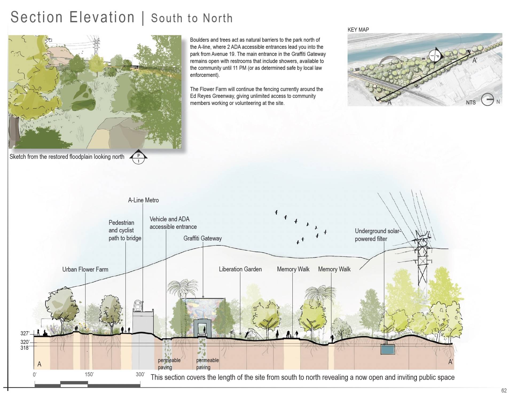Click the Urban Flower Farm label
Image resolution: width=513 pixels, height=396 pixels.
click(x=85, y=269)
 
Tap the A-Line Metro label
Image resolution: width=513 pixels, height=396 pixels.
click(x=143, y=200)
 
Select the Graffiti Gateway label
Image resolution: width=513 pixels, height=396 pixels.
click(x=202, y=238)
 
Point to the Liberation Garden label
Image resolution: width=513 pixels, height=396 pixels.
click(x=240, y=269)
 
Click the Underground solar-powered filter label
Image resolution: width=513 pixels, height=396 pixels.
click(x=378, y=235)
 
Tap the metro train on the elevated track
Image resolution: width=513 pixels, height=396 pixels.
click(x=138, y=305)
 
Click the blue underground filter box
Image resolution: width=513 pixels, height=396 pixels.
click(x=387, y=349)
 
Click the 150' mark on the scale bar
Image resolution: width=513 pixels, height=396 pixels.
click(x=89, y=374)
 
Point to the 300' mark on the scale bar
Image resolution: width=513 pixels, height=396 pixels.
click(x=140, y=374)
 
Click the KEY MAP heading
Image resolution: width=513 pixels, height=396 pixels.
click(x=358, y=30)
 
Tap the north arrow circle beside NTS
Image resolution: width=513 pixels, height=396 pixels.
click(x=487, y=100)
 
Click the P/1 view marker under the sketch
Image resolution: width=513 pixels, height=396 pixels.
click(x=138, y=158)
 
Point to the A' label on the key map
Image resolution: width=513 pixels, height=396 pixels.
click(x=475, y=60)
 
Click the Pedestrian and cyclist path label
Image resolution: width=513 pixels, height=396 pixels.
click(x=125, y=230)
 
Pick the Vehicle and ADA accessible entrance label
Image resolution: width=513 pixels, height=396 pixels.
click(x=173, y=223)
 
